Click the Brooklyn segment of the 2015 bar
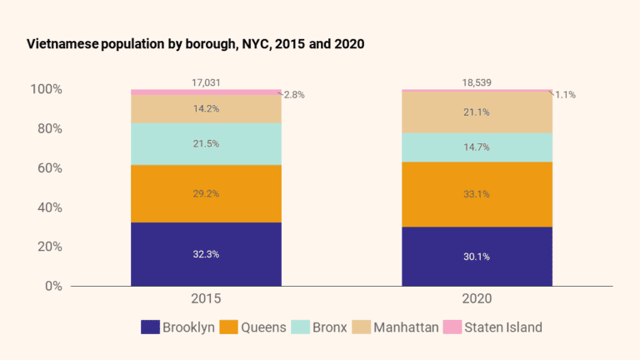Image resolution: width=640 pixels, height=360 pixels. coord(206,254)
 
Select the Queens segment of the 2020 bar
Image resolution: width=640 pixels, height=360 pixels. coord(477,194)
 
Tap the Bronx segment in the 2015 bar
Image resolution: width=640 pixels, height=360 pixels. coord(206,143)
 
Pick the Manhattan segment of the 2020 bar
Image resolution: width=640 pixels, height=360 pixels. coord(477,112)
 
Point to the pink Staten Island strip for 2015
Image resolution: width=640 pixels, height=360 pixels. coord(206,92)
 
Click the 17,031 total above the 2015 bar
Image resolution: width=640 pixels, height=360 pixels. coord(206,82)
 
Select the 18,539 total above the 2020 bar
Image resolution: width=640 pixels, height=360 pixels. coord(477,82)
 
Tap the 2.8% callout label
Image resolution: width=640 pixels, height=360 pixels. coord(294,95)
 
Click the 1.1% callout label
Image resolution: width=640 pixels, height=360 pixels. coord(565,95)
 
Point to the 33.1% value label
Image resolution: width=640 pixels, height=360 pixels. coord(477,194)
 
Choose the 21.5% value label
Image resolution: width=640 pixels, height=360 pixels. coord(206,143)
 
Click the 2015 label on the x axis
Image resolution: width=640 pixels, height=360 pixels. coord(206,298)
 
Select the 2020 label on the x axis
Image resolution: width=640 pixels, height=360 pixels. coord(477,298)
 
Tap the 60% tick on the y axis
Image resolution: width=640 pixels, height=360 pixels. coord(50,167)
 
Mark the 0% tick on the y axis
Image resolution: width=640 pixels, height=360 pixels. coord(53,286)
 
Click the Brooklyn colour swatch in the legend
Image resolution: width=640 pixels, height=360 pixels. coord(150,327)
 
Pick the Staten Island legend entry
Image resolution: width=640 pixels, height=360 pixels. coord(492,327)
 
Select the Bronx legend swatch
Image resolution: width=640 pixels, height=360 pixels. coord(300,327)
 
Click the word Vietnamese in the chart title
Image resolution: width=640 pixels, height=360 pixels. coord(62,43)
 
